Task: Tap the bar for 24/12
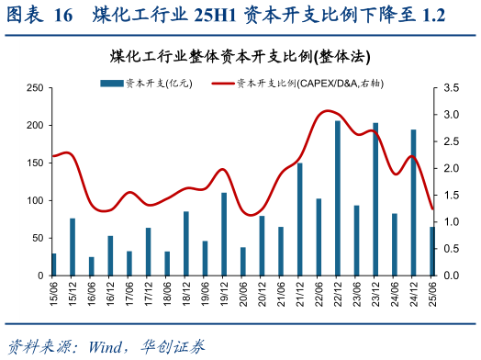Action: coord(413,203)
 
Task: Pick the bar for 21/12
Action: coord(299,219)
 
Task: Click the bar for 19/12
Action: coord(224,234)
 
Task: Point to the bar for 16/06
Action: coord(92,266)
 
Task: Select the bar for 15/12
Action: coord(73,247)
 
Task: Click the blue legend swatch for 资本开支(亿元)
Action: coord(111,83)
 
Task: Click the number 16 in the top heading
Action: coord(63,16)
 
